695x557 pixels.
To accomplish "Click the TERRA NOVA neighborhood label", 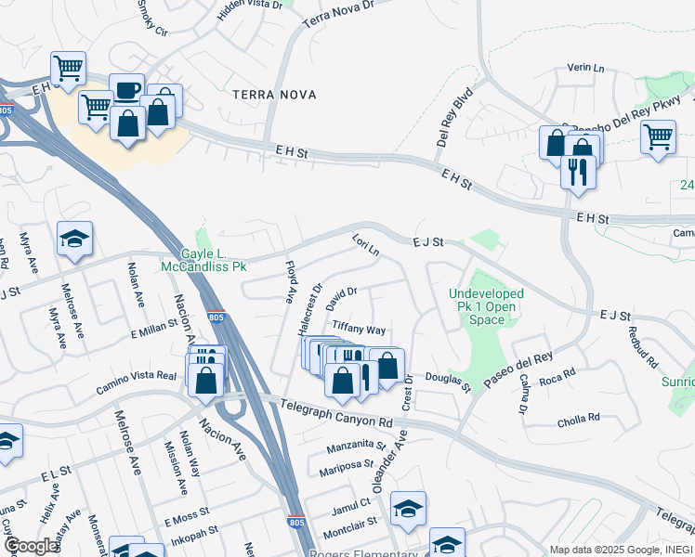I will [274, 95].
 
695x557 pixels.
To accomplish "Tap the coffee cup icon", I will [127, 91].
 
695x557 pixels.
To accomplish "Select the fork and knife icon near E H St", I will [578, 172].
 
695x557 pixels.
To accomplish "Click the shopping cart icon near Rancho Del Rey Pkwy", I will [658, 137].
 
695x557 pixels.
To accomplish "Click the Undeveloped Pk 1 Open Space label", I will [487, 306].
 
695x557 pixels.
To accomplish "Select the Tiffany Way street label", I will [359, 330].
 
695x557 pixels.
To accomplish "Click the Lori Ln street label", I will [366, 248].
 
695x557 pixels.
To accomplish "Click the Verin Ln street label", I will [585, 69].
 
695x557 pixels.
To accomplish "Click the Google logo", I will [31, 546].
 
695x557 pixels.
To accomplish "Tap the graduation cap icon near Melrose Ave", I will [74, 239].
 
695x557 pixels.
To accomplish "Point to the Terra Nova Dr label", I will [337, 18].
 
